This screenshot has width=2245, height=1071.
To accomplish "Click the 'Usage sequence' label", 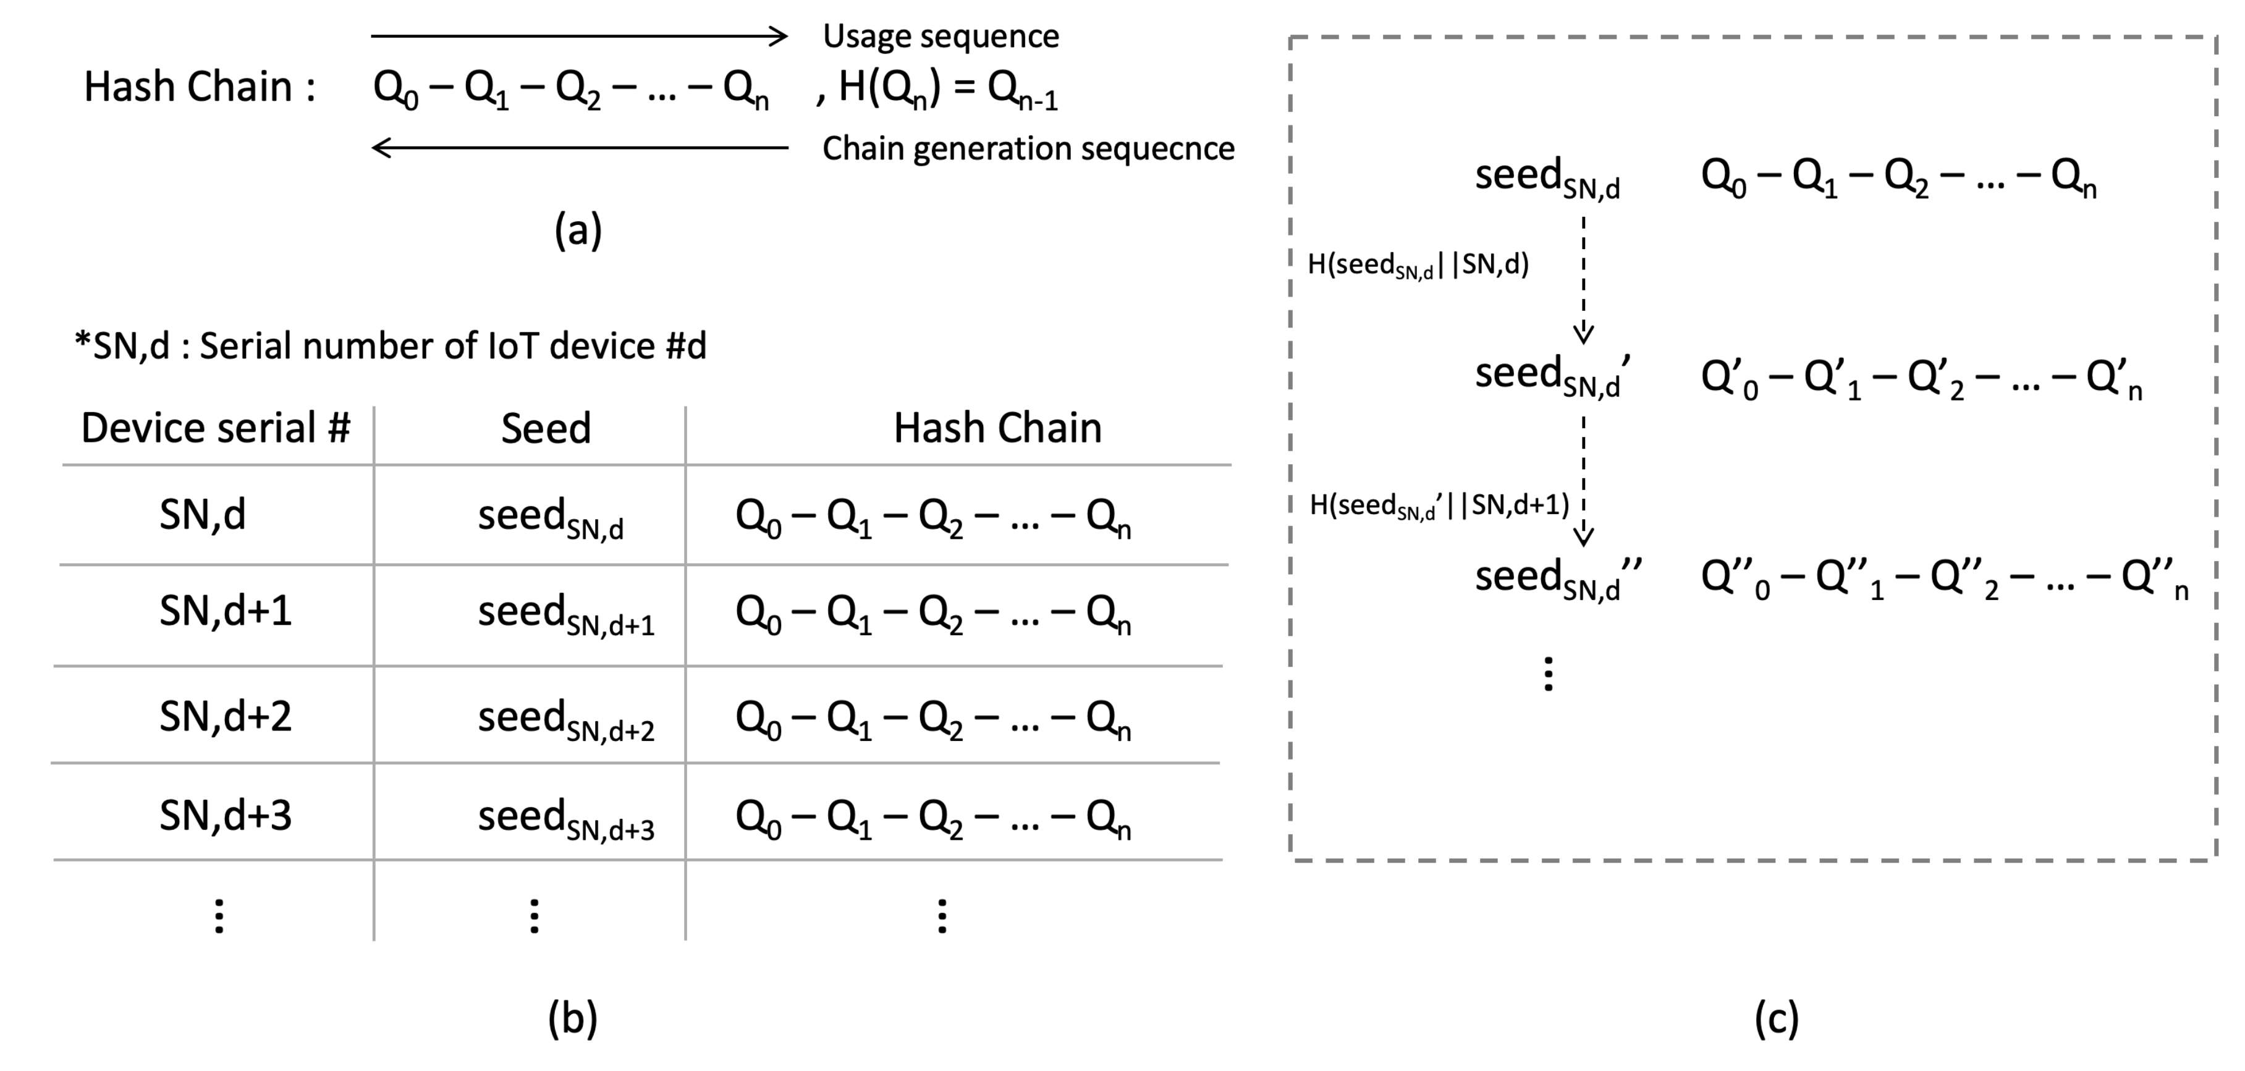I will click(x=941, y=36).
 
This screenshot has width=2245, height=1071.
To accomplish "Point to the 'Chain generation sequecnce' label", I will click(x=1028, y=148).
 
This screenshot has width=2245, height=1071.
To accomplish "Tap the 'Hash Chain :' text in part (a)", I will click(x=200, y=87).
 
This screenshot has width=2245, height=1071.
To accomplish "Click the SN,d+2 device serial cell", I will click(x=225, y=716).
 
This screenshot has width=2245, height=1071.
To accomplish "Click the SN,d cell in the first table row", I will click(x=202, y=515).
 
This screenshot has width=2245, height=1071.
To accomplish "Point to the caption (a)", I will click(x=578, y=231).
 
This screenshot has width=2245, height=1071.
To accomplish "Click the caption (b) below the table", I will click(x=573, y=1018).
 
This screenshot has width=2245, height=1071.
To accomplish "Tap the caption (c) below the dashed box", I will click(x=1776, y=1018).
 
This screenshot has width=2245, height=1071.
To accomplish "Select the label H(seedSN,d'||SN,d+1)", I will click(x=1439, y=506).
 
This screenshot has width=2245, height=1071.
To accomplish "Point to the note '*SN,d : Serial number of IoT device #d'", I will click(x=391, y=347).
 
